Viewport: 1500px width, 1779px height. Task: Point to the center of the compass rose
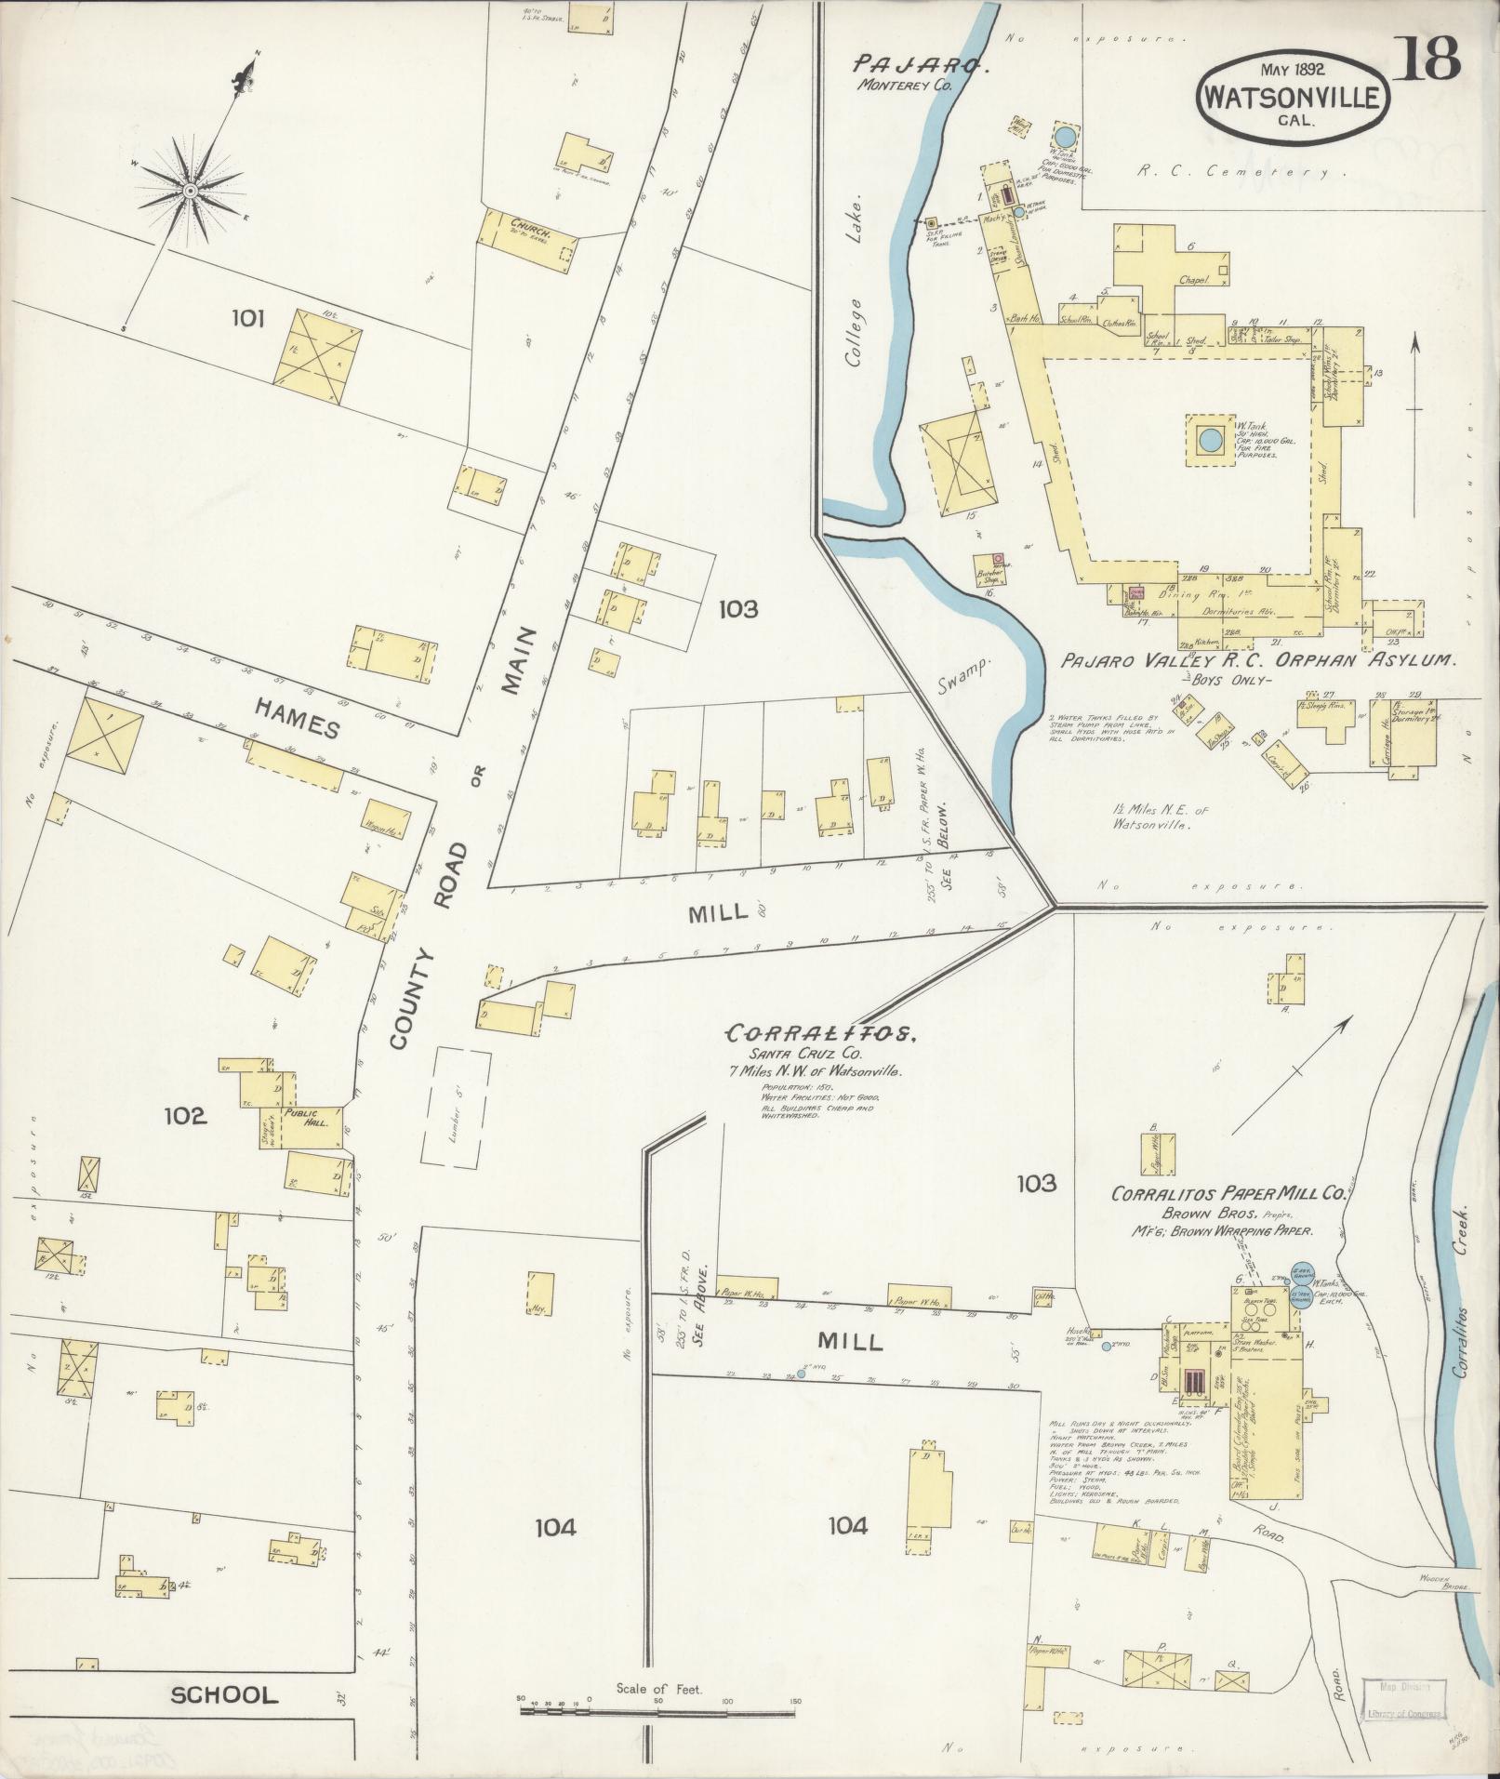click(190, 191)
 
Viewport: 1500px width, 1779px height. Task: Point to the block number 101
click(248, 320)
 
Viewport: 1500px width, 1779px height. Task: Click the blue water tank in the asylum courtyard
click(1209, 438)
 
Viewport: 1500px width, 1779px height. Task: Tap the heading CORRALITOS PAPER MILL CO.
click(1228, 1192)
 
